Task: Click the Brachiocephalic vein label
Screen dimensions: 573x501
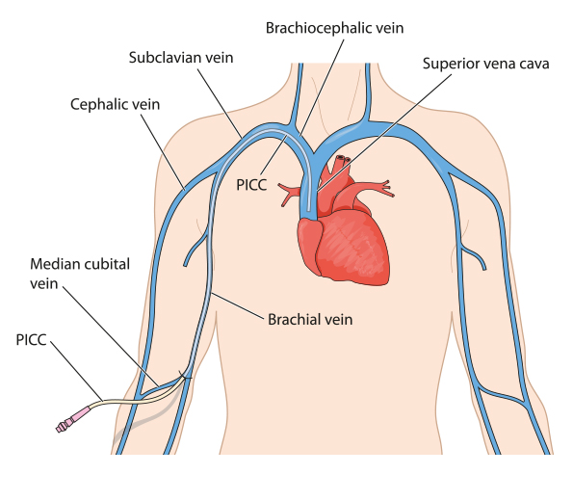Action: point(334,28)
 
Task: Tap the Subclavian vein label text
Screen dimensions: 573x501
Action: point(181,58)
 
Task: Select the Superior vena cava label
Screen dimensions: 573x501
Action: point(486,64)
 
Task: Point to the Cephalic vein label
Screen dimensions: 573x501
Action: point(116,105)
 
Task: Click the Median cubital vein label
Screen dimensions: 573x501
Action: point(80,274)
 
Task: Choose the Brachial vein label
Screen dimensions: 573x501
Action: point(310,320)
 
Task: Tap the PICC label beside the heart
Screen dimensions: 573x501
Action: point(251,185)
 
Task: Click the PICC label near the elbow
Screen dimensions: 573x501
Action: point(32,340)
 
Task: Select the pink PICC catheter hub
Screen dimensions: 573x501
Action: point(73,420)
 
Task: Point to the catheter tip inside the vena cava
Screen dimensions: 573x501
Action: point(309,209)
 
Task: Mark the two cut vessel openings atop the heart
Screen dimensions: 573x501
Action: point(343,159)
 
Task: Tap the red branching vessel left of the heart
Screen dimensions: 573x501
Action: point(290,194)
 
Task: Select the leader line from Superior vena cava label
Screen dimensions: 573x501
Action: point(383,133)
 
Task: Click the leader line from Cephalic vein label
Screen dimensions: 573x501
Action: point(163,152)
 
